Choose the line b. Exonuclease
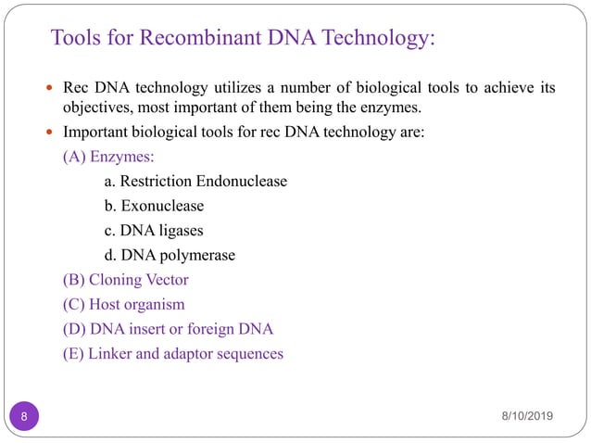[x=154, y=206]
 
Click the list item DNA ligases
[x=154, y=230]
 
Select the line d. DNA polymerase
[x=170, y=255]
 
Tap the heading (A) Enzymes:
[x=108, y=157]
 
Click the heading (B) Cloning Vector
[x=125, y=279]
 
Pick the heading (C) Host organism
[x=123, y=304]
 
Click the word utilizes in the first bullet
[x=245, y=89]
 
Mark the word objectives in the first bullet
[x=95, y=108]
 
